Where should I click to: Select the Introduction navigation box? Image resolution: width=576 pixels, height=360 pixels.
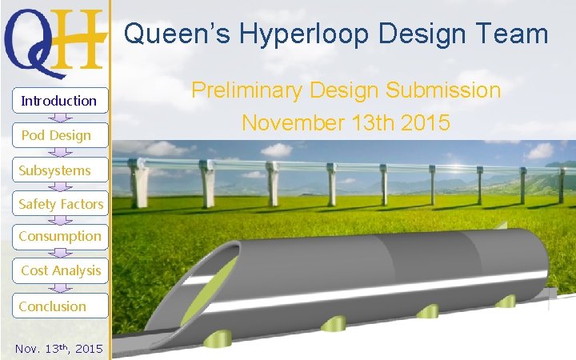[x=59, y=100]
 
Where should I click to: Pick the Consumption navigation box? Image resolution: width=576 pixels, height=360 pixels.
[x=60, y=236]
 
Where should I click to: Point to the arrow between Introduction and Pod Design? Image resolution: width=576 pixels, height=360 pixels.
[x=59, y=118]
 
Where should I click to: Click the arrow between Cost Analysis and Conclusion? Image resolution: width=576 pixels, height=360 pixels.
[x=59, y=288]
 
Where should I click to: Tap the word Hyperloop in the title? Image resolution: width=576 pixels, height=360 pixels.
[x=296, y=34]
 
